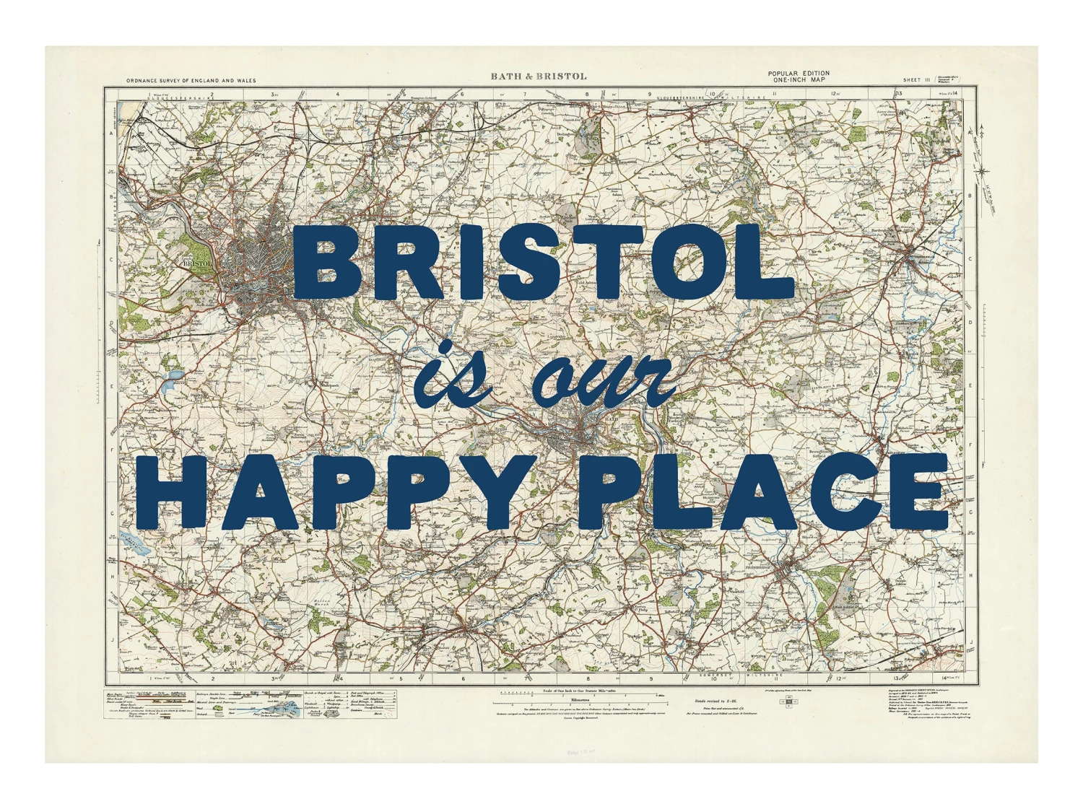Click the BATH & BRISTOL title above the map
(539, 76)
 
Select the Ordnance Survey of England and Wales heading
(191, 81)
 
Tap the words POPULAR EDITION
(799, 73)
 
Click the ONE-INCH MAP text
(799, 80)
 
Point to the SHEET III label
(915, 80)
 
